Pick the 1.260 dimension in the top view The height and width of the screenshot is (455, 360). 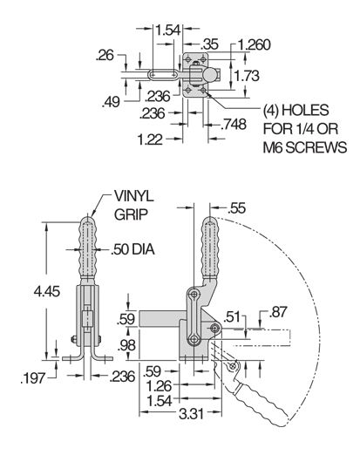point(254,44)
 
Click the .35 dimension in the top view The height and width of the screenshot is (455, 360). point(208,43)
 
